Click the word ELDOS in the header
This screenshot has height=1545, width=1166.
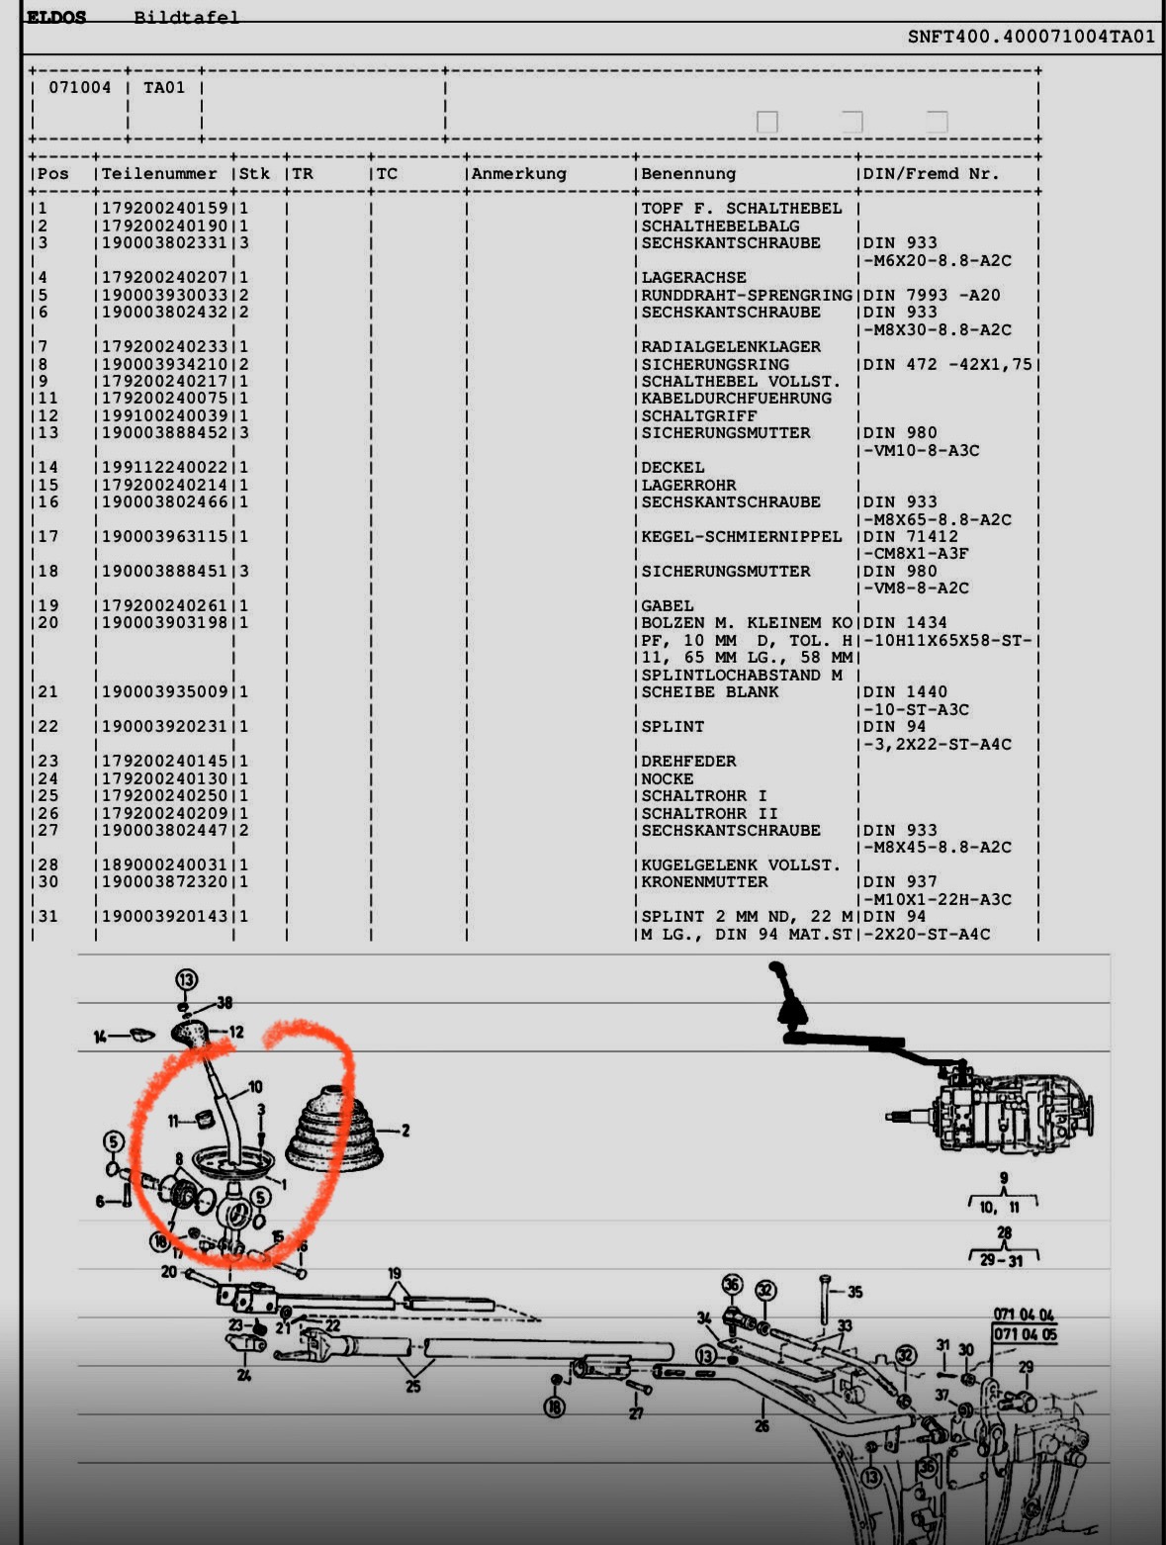(x=56, y=17)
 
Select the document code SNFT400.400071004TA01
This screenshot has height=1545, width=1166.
(x=1031, y=37)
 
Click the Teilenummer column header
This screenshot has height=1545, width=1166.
(x=159, y=174)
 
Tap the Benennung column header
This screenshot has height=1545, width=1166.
(x=688, y=174)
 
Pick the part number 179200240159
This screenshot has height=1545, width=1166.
(x=164, y=209)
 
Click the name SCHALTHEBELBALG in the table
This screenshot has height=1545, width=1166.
(x=720, y=226)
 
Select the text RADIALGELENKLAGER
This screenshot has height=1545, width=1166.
(x=731, y=347)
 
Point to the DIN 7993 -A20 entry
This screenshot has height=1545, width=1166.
(x=931, y=295)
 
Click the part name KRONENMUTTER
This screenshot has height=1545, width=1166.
(x=704, y=882)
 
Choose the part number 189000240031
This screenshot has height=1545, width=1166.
(x=164, y=864)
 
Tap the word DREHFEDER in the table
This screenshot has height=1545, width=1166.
(x=688, y=761)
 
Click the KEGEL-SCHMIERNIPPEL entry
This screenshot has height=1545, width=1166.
(x=741, y=536)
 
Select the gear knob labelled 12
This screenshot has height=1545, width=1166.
(x=192, y=1034)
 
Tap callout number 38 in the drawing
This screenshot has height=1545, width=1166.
(x=224, y=1002)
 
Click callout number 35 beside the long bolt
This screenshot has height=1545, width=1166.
(x=854, y=1292)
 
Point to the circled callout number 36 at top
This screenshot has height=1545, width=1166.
(x=732, y=1284)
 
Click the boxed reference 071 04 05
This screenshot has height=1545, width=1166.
(x=1025, y=1334)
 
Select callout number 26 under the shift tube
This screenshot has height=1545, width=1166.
(x=762, y=1426)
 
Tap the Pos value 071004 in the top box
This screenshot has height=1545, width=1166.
(x=79, y=87)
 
